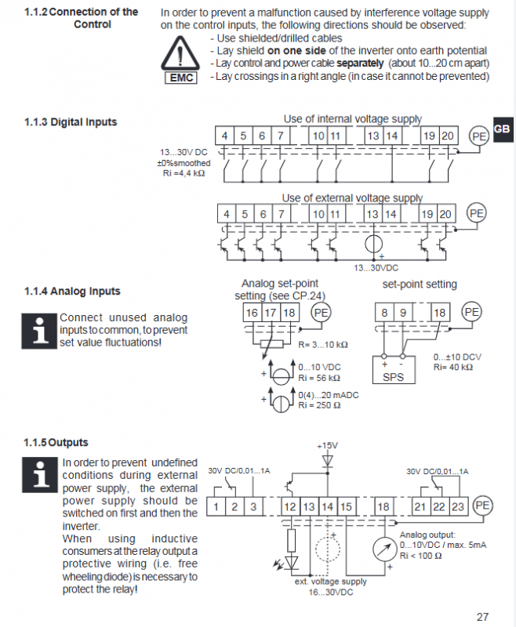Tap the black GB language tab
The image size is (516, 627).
[503, 129]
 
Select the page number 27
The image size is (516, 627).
[482, 617]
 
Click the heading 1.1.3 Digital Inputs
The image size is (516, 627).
[71, 122]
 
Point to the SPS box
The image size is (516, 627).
[394, 370]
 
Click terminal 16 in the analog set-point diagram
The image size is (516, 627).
[252, 313]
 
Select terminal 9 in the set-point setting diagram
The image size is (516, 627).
[403, 312]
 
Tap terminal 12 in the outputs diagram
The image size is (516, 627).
[290, 506]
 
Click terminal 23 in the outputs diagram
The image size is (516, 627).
[458, 506]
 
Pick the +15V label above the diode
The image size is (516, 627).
[327, 445]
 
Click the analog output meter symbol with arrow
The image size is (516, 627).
[385, 549]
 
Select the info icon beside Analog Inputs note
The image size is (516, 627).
[39, 331]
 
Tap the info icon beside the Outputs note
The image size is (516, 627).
[40, 475]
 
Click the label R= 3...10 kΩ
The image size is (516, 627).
[323, 345]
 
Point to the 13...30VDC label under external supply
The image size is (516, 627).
[376, 268]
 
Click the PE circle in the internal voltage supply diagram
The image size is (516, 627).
[479, 136]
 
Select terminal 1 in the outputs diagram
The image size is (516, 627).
[216, 506]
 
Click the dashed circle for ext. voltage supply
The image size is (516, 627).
[328, 549]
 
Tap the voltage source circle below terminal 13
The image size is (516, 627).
[373, 244]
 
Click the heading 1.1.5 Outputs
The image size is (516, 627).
[56, 443]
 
